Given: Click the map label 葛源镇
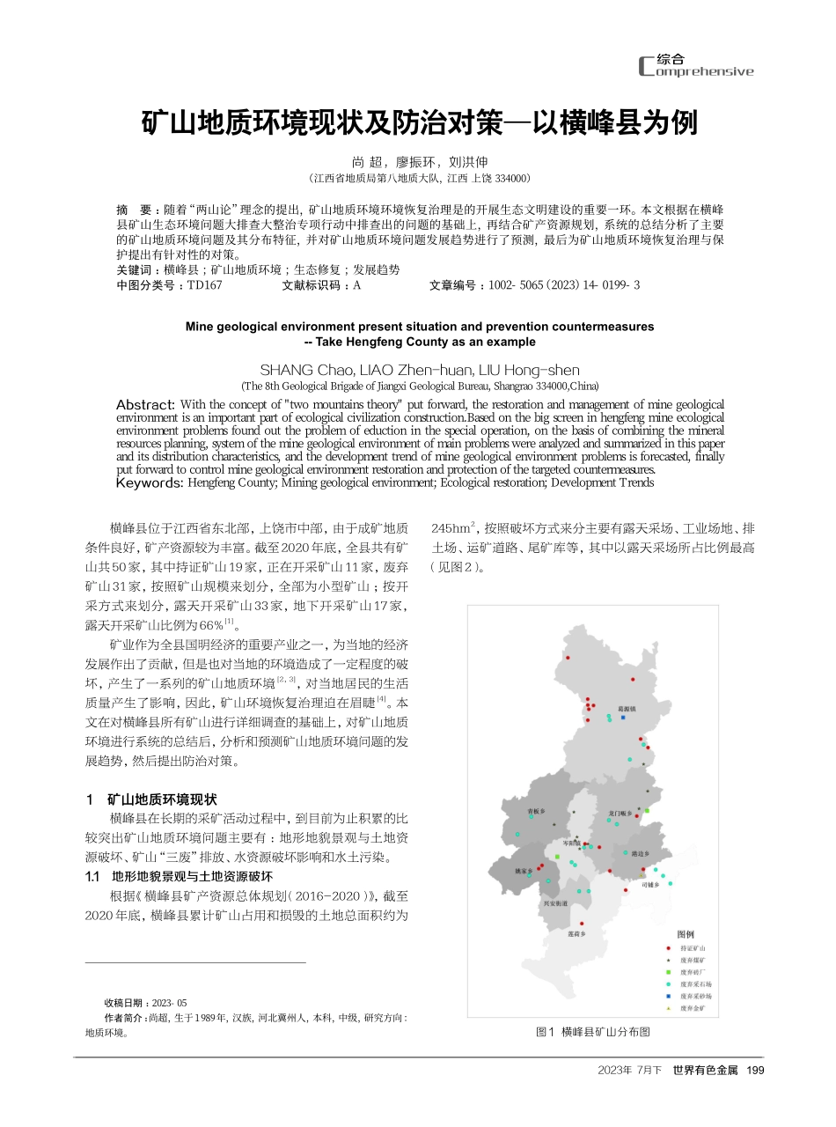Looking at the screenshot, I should [x=627, y=708].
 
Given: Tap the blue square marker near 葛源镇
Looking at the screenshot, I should [x=623, y=718].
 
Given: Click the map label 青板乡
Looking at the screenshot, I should [x=536, y=811].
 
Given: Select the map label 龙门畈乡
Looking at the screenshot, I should [x=620, y=813].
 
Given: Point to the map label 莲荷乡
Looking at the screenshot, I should [x=576, y=933].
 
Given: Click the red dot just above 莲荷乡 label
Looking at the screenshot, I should [x=582, y=924].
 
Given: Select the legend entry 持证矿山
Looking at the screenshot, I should [x=693, y=947].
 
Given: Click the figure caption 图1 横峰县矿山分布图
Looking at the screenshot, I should [x=592, y=1031].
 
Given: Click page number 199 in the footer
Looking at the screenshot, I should [x=754, y=1070].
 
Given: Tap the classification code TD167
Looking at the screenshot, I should [x=204, y=285].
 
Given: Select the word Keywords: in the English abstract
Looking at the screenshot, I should [x=150, y=482].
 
